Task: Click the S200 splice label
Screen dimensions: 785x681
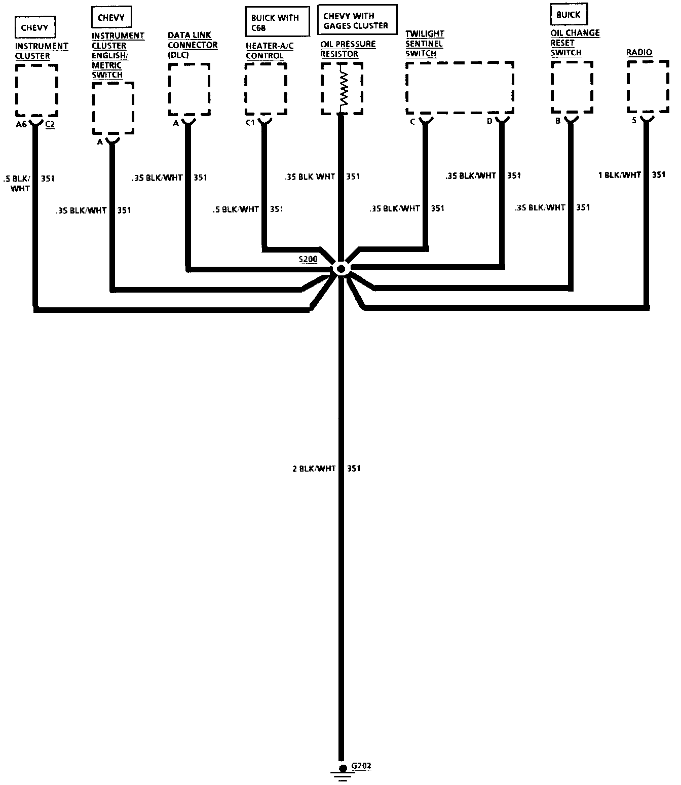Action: pos(308,260)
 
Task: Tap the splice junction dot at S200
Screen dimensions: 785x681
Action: pos(341,269)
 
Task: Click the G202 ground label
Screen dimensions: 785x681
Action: pos(361,766)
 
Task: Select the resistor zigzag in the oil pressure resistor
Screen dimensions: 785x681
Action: pos(344,89)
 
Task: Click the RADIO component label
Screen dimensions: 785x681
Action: pos(639,52)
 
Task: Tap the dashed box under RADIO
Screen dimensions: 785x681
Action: pos(647,87)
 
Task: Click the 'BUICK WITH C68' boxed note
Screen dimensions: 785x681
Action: pos(277,22)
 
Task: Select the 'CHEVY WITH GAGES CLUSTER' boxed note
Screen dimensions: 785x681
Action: pos(356,20)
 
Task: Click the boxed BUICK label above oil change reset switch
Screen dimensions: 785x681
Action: pos(568,15)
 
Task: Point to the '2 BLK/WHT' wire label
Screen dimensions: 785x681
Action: pos(314,469)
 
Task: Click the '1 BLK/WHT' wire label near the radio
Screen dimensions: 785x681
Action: pos(620,175)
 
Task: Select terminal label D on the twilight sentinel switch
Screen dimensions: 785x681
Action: pos(489,122)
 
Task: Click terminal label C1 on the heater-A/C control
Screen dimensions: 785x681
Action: pos(250,122)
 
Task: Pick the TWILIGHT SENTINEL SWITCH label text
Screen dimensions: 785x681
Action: pos(425,44)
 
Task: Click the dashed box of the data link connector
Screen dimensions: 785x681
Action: pos(189,89)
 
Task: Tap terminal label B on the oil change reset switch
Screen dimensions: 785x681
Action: pos(557,121)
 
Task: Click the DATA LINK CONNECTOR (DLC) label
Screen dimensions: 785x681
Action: pos(193,45)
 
